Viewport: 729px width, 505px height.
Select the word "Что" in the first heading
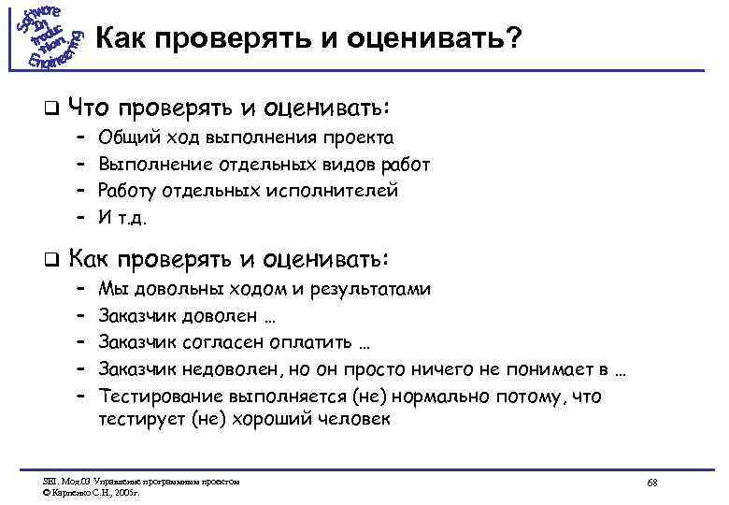(x=92, y=105)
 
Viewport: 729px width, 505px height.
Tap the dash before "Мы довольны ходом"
(x=81, y=290)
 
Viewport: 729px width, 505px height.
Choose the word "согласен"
(x=228, y=342)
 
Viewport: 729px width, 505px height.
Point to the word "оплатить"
(x=312, y=342)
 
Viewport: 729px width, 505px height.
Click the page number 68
(x=652, y=482)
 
